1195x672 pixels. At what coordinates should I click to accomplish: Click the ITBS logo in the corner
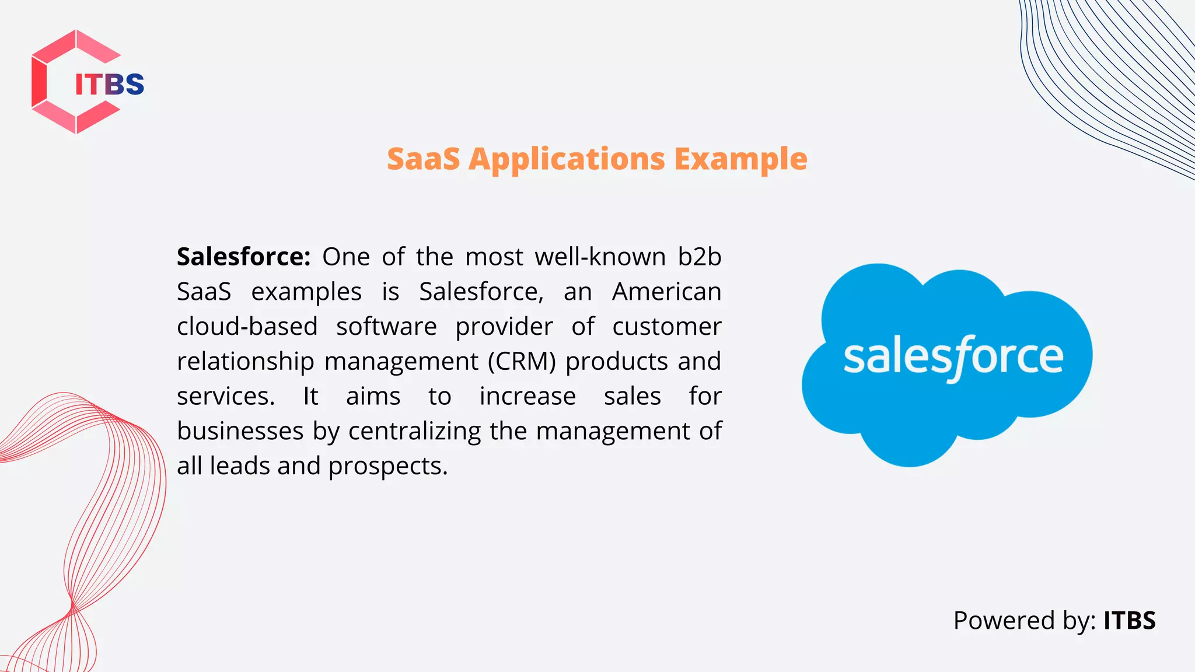click(x=88, y=82)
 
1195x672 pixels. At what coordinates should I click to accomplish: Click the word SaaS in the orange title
click(x=424, y=159)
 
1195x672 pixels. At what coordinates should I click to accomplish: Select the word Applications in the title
click(x=567, y=159)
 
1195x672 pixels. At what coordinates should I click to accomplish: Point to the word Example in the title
click(x=740, y=159)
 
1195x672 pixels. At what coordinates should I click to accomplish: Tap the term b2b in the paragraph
click(x=700, y=257)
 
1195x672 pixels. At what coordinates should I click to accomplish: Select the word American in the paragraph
click(x=666, y=292)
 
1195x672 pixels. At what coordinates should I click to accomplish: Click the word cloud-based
click(x=247, y=326)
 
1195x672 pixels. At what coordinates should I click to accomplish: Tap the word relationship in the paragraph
click(x=246, y=362)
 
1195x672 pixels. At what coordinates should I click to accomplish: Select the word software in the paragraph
click(x=386, y=326)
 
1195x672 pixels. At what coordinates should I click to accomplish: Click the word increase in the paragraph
click(x=527, y=397)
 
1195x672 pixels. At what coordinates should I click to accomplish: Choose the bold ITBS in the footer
click(x=1129, y=620)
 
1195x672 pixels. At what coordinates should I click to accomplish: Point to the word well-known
click(x=600, y=257)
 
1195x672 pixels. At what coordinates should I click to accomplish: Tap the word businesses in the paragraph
click(x=240, y=431)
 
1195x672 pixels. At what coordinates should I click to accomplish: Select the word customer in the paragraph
click(x=666, y=326)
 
